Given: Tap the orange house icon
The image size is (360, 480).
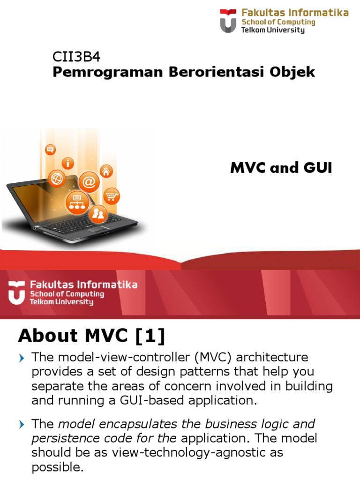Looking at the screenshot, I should (106, 171).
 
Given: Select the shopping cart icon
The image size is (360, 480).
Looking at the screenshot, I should (111, 196).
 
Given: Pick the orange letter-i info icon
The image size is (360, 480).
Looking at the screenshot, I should (70, 163).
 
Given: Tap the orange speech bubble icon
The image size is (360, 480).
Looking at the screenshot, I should (50, 150).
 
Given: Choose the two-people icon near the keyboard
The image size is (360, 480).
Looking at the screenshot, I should (98, 215).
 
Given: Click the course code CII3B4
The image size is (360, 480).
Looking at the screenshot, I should (76, 57).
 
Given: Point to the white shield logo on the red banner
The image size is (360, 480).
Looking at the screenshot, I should (16, 292).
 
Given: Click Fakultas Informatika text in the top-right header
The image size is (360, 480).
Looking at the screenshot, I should (295, 13).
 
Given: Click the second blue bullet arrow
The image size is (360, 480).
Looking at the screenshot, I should (21, 425).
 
